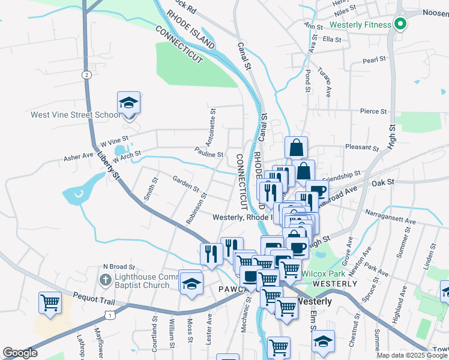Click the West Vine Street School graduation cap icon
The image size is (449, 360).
tap(129, 103)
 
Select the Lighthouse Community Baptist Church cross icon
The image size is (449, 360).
tap(105, 280)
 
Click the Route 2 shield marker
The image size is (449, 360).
tap(87, 74)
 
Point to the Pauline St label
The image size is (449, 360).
tap(209, 154)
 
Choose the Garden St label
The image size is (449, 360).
tap(185, 183)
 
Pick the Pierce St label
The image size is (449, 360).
tap(373, 111)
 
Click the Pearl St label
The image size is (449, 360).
tap(373, 60)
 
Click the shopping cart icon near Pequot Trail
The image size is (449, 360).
tap(50, 302)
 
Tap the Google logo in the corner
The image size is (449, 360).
tap(20, 353)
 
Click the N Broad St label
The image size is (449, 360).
tap(119, 266)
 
